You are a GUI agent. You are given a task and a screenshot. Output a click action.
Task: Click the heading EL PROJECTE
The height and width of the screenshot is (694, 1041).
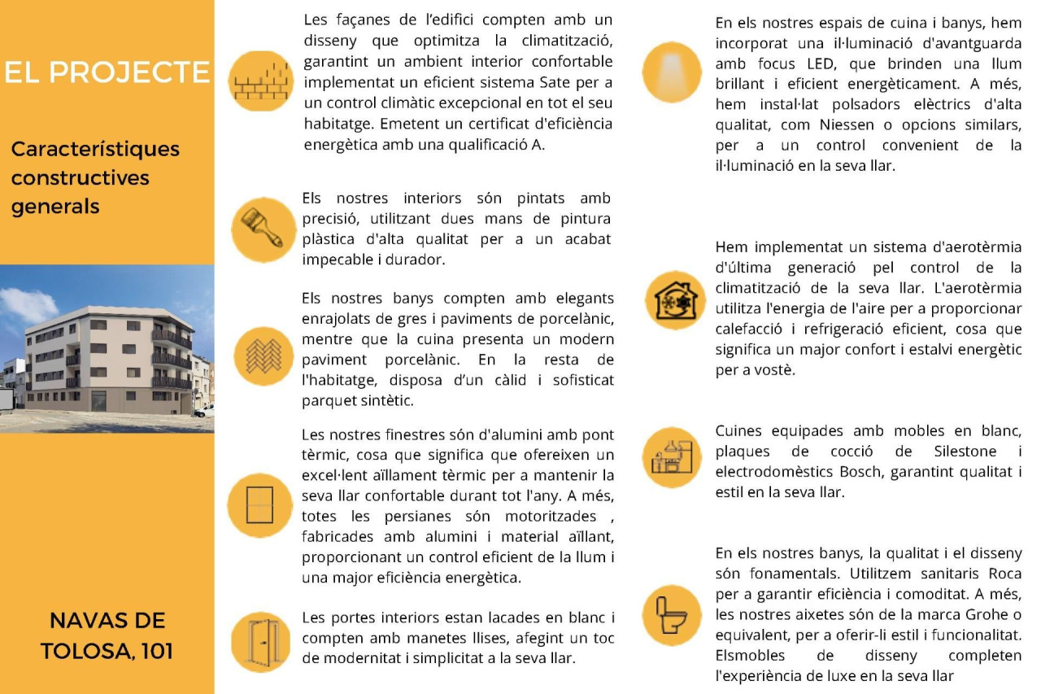(x=107, y=72)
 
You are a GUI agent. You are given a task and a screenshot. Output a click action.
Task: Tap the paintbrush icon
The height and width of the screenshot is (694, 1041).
(x=259, y=229)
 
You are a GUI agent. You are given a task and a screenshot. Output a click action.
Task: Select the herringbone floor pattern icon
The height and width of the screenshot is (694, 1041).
(x=263, y=356)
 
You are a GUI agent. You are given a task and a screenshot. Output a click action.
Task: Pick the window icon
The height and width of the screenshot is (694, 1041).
(x=259, y=505)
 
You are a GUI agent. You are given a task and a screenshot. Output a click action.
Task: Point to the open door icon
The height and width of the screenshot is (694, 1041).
(x=260, y=641)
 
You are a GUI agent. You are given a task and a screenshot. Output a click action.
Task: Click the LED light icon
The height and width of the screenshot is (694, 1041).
(x=672, y=72)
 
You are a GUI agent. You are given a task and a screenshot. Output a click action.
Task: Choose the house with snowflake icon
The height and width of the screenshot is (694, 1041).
(x=675, y=300)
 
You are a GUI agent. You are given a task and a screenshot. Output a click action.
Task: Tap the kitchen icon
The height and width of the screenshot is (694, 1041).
(x=672, y=457)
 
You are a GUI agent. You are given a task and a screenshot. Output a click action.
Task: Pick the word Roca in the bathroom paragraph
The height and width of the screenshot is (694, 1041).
(x=1005, y=574)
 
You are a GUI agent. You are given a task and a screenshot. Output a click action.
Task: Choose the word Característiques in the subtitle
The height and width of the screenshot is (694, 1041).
(x=95, y=150)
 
